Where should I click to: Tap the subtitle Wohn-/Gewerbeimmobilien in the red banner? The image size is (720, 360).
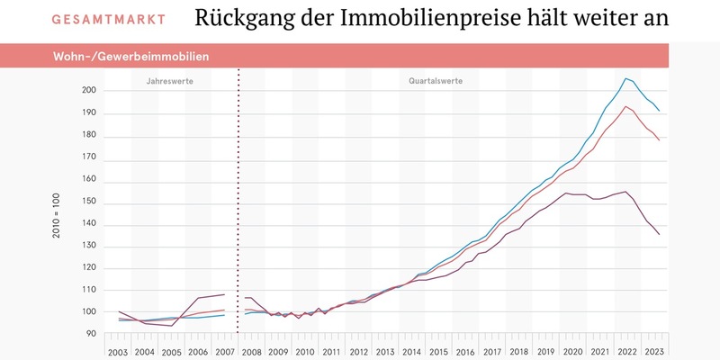click(x=130, y=57)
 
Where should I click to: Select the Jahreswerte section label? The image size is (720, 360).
click(x=169, y=81)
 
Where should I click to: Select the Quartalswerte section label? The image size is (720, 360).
click(x=436, y=81)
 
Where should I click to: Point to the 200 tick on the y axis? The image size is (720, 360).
click(x=89, y=91)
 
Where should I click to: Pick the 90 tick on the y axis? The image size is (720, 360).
click(x=92, y=334)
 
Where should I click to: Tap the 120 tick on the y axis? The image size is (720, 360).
click(x=89, y=267)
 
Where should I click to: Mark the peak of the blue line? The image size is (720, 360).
click(x=625, y=78)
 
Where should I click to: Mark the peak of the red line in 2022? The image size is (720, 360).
click(x=625, y=106)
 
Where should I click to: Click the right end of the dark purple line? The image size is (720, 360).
click(x=660, y=235)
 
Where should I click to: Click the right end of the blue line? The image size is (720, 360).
click(x=660, y=111)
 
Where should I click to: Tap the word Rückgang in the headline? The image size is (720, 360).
click(x=236, y=19)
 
